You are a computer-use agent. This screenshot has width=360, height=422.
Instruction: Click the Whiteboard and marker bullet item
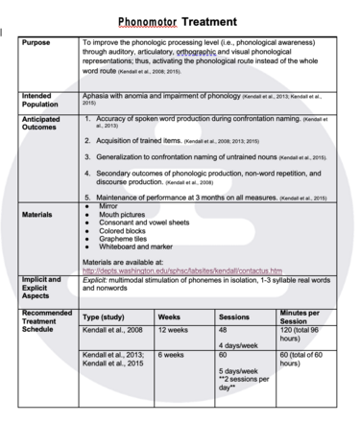tap(134, 247)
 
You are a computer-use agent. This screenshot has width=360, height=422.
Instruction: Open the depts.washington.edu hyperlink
tap(182, 270)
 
